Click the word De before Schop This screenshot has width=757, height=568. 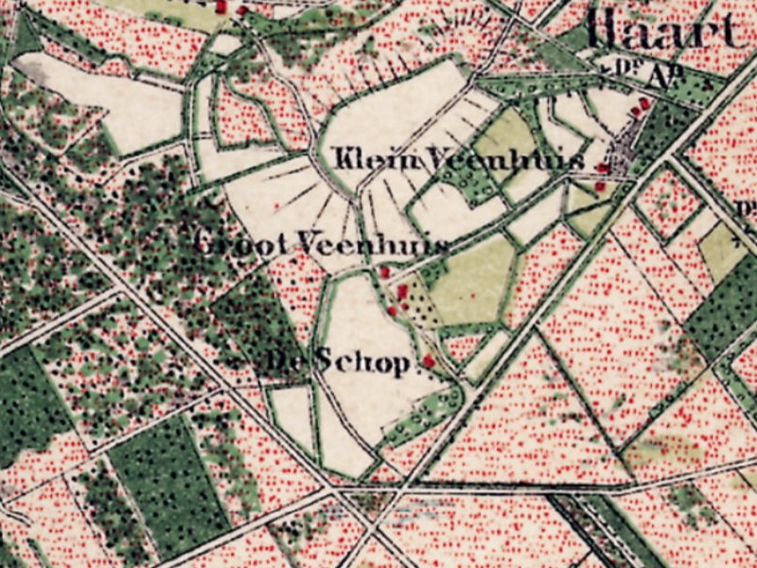285,361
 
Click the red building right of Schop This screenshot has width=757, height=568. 428,361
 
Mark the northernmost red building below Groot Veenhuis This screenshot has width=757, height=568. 384,273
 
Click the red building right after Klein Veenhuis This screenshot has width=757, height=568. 602,168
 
